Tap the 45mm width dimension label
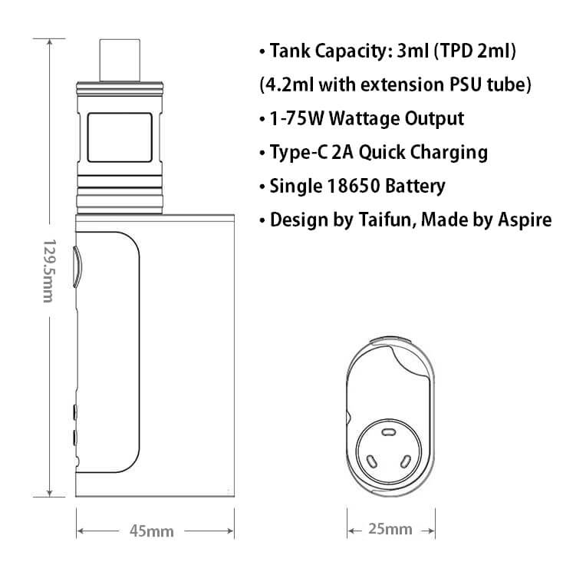tap(151, 531)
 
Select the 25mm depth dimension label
tap(390, 529)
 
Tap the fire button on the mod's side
tap(77, 264)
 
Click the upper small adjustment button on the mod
tap(75, 412)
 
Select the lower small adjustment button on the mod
tap(75, 438)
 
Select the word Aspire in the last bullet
tap(525, 220)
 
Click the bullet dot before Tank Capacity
tap(262, 53)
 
